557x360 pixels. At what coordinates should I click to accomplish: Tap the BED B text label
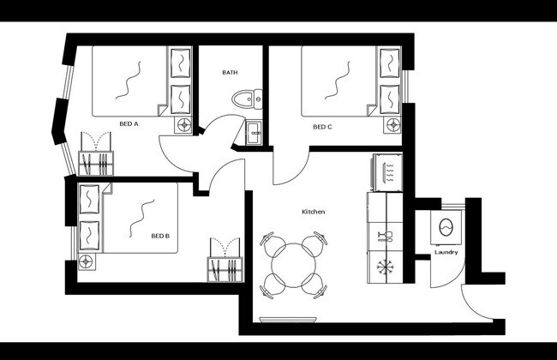pos(160,236)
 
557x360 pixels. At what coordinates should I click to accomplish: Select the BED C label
pos(322,127)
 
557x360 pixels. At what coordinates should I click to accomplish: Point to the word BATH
pos(230,73)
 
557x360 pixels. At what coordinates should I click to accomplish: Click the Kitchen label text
pos(313,211)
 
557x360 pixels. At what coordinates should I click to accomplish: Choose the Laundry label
pos(446,252)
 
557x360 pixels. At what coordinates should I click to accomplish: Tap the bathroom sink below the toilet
pos(254,133)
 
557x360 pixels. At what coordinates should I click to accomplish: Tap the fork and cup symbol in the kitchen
pos(384,235)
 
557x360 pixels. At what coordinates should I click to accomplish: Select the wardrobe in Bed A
pos(95,155)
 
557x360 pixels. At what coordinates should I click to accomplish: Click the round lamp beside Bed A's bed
pos(183,124)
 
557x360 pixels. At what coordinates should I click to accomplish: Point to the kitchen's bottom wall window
pos(287,320)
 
